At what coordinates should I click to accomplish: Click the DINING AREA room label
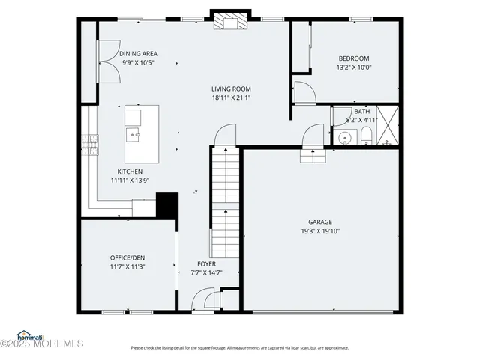(138, 54)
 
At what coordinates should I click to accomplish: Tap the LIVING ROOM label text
(230, 88)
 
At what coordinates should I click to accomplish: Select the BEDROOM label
(354, 58)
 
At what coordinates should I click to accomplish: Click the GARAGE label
(320, 222)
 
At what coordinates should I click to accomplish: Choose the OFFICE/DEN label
(127, 258)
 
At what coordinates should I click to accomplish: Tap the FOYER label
(206, 264)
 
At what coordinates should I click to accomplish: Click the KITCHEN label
(130, 172)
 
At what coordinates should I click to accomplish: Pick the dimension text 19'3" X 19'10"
(320, 231)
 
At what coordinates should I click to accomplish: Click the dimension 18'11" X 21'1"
(230, 97)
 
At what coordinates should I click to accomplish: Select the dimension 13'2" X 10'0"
(354, 67)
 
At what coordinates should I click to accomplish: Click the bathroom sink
(345, 138)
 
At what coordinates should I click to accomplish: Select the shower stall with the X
(388, 125)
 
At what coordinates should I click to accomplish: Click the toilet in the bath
(365, 136)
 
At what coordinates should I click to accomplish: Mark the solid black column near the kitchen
(166, 205)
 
